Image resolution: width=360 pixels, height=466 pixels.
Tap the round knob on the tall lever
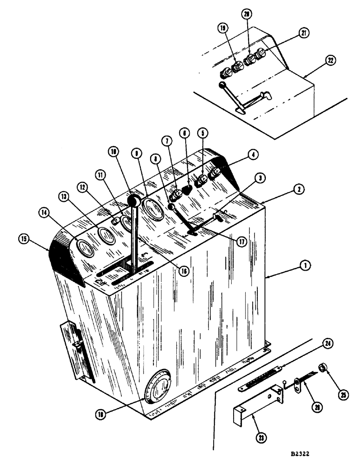[134, 201]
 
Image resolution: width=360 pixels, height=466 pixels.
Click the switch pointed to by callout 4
[215, 175]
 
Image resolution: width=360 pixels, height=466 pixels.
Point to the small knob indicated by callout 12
[114, 219]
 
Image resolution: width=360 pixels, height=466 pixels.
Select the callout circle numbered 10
[114, 152]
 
